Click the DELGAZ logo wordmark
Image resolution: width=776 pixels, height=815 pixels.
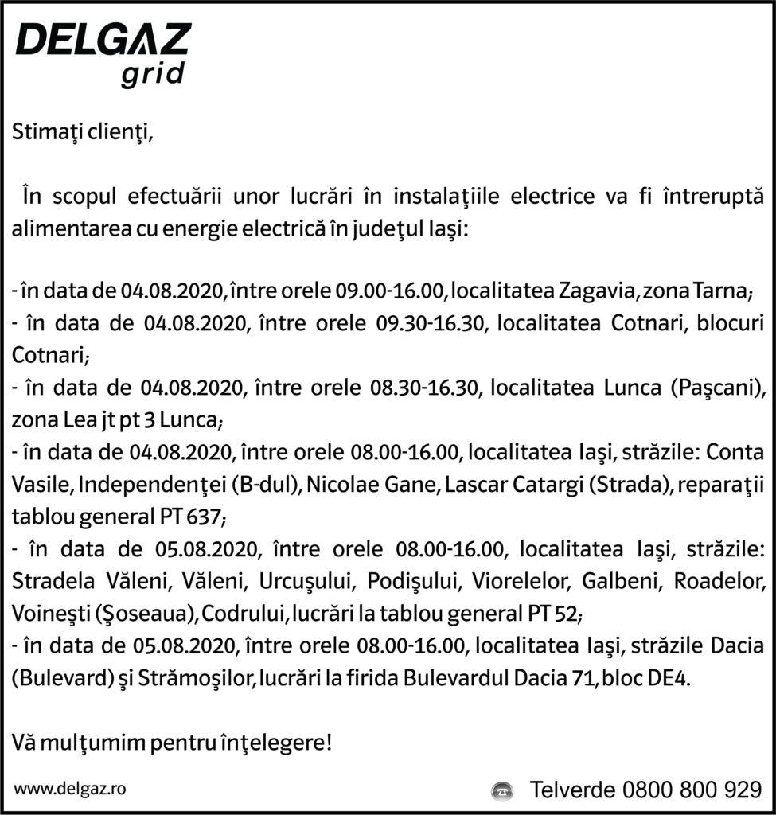[103, 40]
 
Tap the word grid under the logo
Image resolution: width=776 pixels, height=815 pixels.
[154, 74]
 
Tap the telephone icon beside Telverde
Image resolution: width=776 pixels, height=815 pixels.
[501, 790]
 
